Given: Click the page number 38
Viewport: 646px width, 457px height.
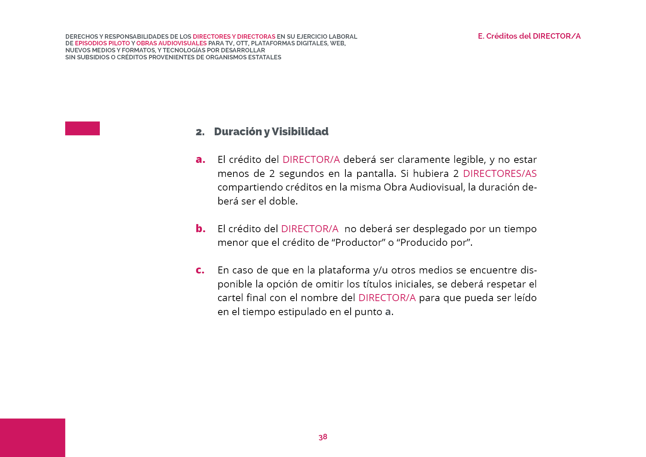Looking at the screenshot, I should (323, 437).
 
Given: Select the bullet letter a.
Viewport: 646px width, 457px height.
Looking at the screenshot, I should (200, 160).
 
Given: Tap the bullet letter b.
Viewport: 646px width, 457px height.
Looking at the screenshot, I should (200, 228).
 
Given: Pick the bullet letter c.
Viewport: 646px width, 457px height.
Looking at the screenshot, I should (200, 270).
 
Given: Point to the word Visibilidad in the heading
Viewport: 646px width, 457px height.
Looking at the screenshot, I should (300, 132).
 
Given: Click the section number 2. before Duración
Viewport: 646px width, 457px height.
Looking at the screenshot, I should (200, 132).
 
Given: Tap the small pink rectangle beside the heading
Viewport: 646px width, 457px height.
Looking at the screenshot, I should (82, 128).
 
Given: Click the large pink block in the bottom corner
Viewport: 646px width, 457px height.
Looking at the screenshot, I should (32, 437).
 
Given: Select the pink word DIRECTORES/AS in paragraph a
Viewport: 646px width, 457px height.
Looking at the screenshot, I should (499, 174).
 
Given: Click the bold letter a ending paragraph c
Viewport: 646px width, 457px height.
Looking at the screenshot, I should (387, 312).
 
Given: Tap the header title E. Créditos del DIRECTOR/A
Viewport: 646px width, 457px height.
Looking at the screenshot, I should (529, 36).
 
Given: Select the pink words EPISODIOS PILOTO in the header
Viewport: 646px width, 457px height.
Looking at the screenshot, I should (102, 43).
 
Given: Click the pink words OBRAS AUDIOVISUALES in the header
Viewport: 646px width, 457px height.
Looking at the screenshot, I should (171, 43).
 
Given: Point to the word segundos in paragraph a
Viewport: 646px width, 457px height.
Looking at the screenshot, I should (297, 174).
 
